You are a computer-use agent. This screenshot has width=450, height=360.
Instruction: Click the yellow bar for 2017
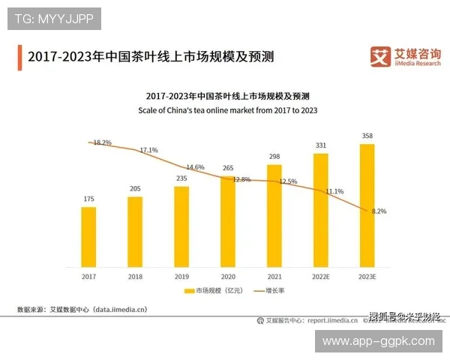tap(88, 236)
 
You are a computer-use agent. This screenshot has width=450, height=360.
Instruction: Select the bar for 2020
tap(228, 221)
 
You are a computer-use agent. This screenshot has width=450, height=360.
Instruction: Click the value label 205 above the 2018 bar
tap(135, 189)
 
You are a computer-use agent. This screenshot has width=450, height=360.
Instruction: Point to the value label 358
tap(367, 136)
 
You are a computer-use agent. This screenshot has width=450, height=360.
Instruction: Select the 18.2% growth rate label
tap(102, 142)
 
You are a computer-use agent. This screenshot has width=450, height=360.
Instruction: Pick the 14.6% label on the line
tap(195, 166)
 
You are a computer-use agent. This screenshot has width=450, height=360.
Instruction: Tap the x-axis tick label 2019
tap(181, 276)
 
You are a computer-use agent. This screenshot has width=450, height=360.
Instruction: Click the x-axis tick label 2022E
tap(321, 276)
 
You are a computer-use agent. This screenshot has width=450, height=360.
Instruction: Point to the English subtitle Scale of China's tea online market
tap(227, 110)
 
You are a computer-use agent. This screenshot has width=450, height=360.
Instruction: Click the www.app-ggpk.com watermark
tap(378, 340)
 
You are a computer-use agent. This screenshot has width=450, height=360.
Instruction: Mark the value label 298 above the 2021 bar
tap(274, 156)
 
